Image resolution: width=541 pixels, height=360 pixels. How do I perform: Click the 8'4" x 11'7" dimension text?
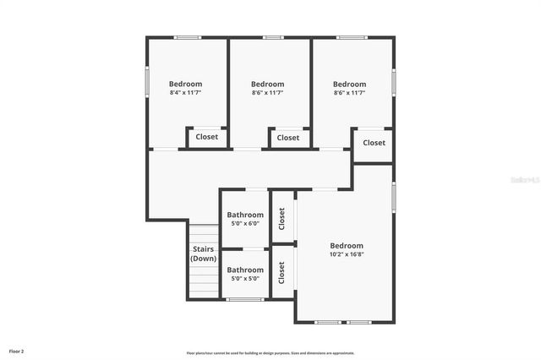[x=185, y=93]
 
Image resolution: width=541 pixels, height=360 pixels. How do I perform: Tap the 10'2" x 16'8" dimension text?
[x=347, y=254]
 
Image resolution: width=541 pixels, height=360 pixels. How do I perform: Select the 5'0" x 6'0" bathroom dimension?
[x=245, y=224]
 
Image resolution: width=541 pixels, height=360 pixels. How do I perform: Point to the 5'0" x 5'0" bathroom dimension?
[x=245, y=279]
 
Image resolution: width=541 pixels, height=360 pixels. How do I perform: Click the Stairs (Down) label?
[x=203, y=254]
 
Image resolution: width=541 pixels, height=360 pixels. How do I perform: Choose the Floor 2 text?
[x=17, y=351]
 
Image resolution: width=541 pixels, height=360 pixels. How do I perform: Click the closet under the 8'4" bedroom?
[x=206, y=137]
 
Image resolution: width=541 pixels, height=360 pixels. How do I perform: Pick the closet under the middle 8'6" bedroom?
[x=288, y=138]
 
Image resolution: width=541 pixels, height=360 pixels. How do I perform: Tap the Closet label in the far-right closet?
[x=374, y=143]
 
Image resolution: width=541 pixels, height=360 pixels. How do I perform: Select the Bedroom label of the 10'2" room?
[x=347, y=245]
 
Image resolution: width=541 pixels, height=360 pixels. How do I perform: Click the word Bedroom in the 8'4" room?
[x=185, y=84]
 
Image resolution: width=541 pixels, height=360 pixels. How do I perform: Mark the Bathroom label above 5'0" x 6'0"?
[x=245, y=215]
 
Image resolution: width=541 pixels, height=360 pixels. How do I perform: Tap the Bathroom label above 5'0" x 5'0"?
[x=245, y=270]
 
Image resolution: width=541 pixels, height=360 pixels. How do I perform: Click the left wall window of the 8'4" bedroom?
[x=147, y=82]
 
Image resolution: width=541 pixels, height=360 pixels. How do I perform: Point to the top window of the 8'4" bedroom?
[x=187, y=37]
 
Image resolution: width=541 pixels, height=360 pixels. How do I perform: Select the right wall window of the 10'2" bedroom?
[x=393, y=196]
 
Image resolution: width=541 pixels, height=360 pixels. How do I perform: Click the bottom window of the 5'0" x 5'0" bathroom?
[x=245, y=298]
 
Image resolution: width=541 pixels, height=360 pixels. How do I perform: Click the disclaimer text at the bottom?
[x=270, y=352]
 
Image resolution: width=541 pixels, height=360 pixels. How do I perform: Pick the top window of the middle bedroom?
[x=273, y=37]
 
